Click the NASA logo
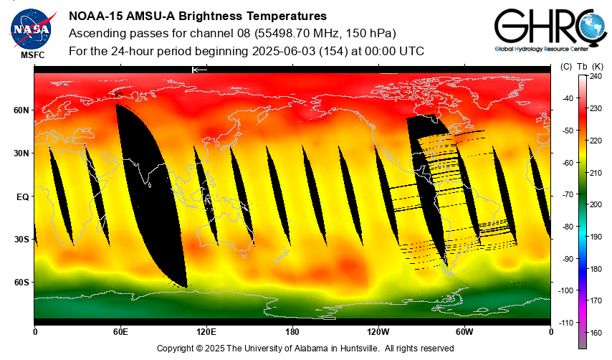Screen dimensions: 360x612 point(31,27)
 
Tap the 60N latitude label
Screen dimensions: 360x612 point(21,110)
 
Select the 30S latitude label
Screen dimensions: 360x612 point(21,239)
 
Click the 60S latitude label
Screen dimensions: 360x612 point(21,282)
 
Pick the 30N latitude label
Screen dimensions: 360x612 point(21,153)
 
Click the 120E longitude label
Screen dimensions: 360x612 point(206,332)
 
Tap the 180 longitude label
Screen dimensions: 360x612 point(292,332)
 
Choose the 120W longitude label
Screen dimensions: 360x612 point(378,332)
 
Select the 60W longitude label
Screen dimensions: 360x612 point(464,332)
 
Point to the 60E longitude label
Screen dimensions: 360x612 point(120,332)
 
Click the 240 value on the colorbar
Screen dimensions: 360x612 point(596,76)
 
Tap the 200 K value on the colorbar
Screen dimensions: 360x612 point(596,204)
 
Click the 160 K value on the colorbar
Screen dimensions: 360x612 point(596,333)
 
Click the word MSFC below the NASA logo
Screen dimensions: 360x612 point(32,55)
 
